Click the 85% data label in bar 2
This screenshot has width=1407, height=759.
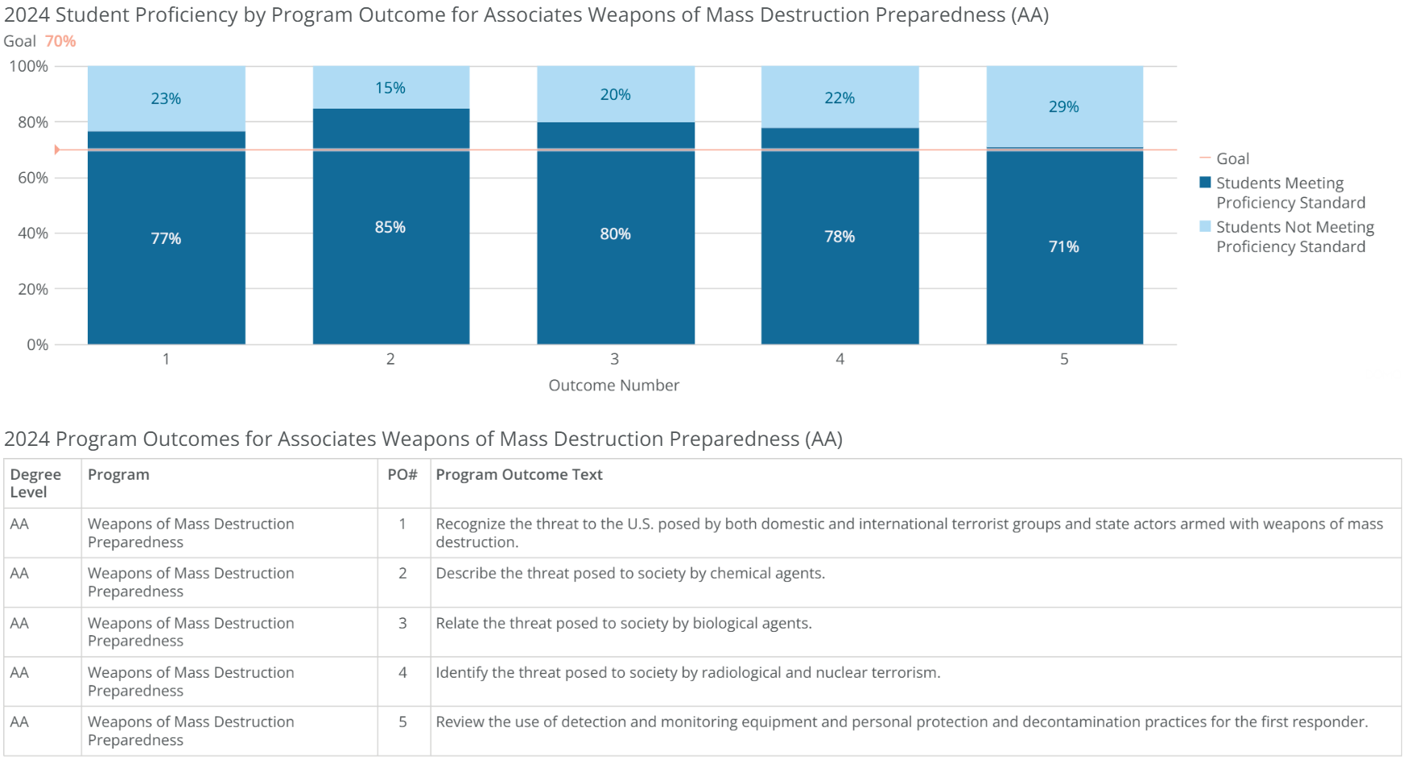pos(390,228)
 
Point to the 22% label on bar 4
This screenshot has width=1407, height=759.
pos(840,98)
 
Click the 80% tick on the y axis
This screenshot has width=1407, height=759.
pos(33,122)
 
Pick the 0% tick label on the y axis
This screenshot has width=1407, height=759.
pos(37,345)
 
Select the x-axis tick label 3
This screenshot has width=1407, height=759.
pos(614,359)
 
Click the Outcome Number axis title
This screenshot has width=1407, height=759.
pos(613,386)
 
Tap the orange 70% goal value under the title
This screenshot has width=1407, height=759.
pos(60,41)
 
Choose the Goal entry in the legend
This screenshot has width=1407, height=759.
pos(1232,159)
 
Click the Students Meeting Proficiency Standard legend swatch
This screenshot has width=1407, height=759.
pos(1205,183)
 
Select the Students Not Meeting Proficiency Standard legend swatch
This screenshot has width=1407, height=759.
pos(1205,226)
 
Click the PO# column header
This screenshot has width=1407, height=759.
pos(402,475)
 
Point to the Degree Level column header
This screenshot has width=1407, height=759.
pos(35,483)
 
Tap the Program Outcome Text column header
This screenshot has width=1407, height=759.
pos(519,475)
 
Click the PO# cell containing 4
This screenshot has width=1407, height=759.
pos(402,673)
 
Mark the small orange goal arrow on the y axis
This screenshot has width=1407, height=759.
pos(57,150)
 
